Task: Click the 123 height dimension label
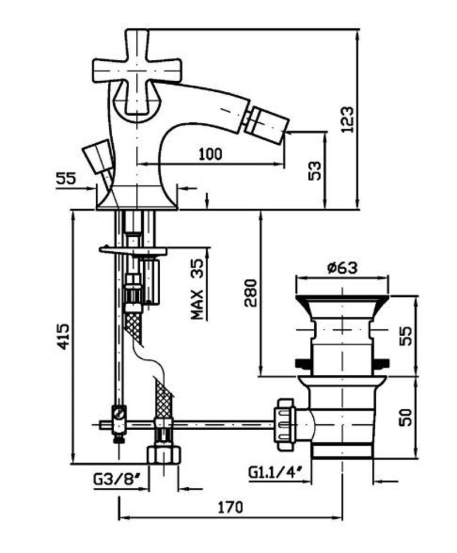coord(347,119)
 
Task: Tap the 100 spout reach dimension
coord(211,154)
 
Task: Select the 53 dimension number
coord(315,171)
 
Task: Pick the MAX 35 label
coord(197,289)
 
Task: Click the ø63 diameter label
coord(342,267)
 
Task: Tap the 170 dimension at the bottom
coord(230,507)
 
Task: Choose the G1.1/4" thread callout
coord(276,472)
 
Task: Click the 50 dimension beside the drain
coord(406,417)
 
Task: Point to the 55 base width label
coord(66,179)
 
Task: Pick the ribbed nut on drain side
coord(285,424)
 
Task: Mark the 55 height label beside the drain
coord(406,336)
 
